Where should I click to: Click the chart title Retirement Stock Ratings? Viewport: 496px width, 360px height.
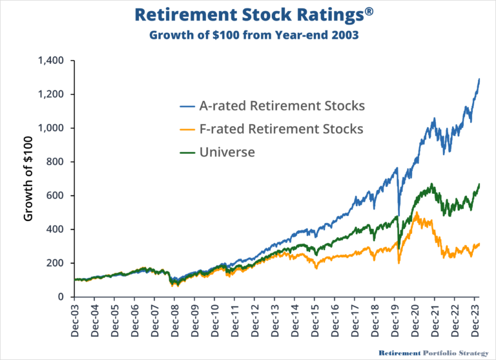click(247, 14)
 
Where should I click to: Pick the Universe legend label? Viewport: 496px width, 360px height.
click(227, 153)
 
